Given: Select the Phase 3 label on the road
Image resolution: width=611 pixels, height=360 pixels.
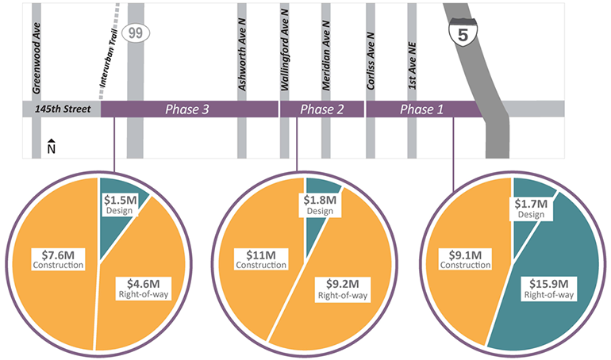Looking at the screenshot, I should coord(186,109).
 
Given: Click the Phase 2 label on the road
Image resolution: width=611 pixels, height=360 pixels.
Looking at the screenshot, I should coord(322,109).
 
